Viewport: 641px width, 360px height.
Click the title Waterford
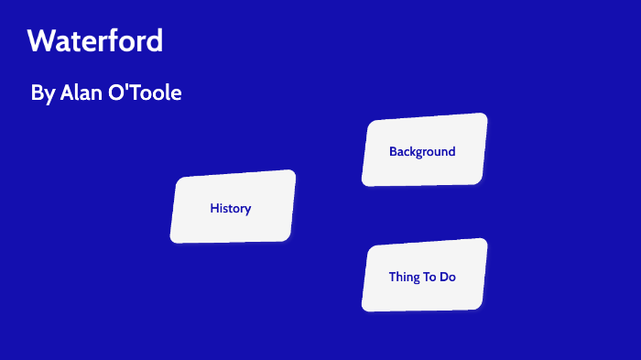95,41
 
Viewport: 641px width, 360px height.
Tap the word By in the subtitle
42,93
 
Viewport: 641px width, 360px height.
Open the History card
233,208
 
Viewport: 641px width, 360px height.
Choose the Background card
423,151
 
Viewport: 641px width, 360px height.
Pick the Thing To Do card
423,277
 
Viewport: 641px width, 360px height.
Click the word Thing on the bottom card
404,277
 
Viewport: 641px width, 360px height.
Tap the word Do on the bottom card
447,277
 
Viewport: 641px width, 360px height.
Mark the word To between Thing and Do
429,277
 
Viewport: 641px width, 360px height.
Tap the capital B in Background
393,151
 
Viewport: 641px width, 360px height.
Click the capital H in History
213,208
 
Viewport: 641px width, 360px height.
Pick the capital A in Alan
66,93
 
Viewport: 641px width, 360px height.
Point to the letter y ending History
247,210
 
